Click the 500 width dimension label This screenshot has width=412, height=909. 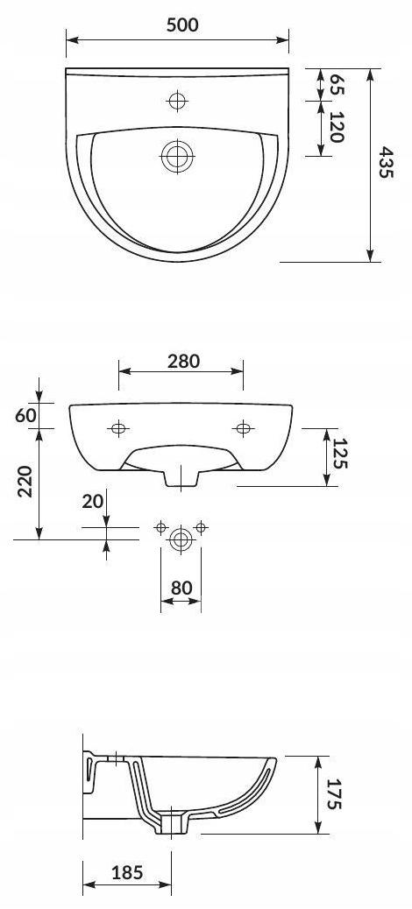point(182,25)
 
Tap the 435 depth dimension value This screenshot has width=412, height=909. point(387,162)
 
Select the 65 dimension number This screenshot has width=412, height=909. point(337,85)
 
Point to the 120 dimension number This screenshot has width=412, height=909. point(337,128)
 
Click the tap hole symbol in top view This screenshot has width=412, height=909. point(177,102)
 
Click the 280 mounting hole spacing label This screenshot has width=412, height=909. point(183,361)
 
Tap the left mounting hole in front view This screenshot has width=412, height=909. point(118,428)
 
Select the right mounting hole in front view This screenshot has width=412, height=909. point(243,428)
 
